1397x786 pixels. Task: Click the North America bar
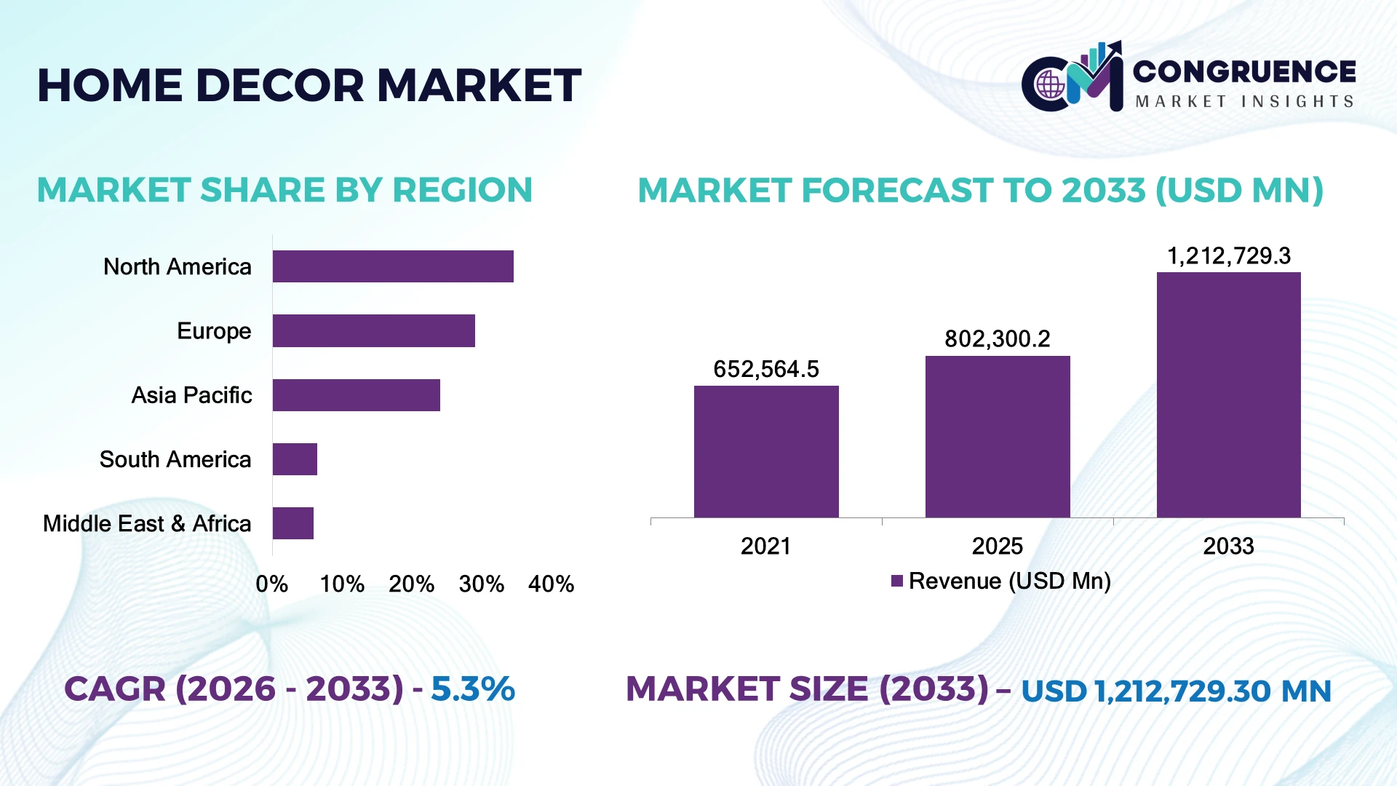coord(393,266)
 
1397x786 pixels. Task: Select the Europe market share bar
coord(374,330)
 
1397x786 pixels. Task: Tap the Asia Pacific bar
coord(357,395)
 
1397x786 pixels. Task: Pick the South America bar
coord(295,459)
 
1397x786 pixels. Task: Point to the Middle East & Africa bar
coord(293,523)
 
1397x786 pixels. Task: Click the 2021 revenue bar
coord(766,452)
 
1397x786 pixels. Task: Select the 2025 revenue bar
coord(998,437)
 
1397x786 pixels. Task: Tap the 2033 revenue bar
coord(1229,395)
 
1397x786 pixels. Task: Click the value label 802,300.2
coord(998,338)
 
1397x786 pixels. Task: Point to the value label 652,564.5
coord(766,369)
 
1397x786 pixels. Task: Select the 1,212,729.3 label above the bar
coord(1229,255)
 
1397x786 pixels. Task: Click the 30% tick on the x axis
coord(482,584)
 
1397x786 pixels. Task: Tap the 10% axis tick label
coord(342,584)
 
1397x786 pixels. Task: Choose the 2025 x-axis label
coord(998,546)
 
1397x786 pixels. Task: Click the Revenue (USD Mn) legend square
coord(897,581)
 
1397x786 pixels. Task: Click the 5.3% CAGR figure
coord(473,689)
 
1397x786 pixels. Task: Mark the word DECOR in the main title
coord(280,85)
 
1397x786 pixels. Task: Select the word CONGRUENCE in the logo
coord(1244,71)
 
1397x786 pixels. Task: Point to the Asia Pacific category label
coord(191,395)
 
